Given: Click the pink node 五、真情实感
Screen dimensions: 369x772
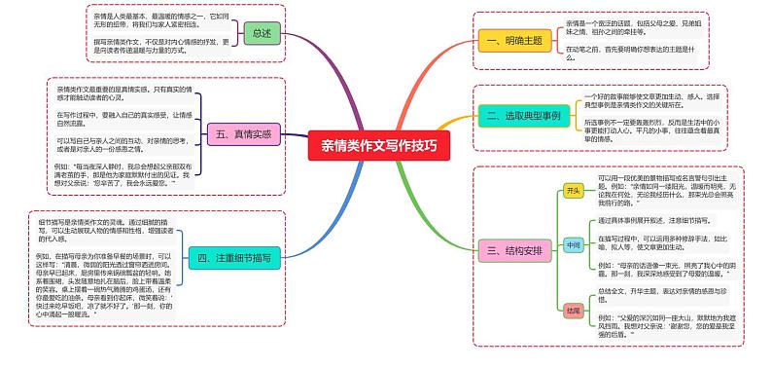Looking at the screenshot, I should [244, 134].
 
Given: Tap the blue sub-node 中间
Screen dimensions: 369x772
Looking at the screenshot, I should [574, 246].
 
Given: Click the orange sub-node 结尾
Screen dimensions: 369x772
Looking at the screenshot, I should [574, 311].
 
